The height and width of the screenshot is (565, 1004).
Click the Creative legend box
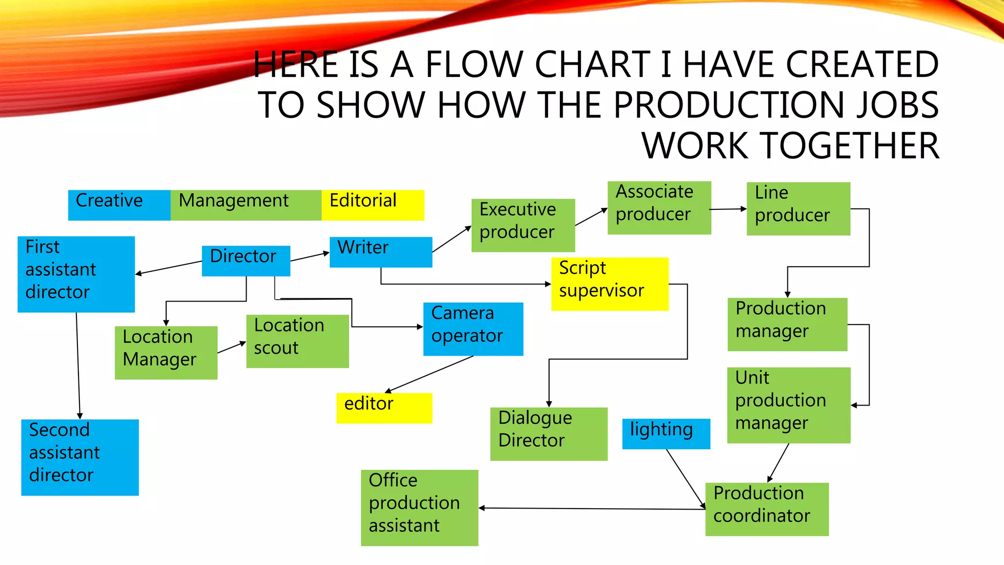(x=119, y=205)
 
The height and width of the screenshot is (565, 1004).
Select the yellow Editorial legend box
(x=373, y=205)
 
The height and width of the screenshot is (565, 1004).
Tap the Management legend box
(x=246, y=205)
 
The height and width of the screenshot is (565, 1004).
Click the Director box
(x=246, y=260)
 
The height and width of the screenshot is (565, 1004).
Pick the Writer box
(x=380, y=252)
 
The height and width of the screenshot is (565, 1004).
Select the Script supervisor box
(x=609, y=283)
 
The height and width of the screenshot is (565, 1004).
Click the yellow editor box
(x=384, y=408)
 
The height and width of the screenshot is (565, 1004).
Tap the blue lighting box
(x=666, y=434)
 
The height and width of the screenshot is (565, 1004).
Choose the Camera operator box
(x=473, y=329)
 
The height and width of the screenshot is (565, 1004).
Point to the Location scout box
(x=297, y=341)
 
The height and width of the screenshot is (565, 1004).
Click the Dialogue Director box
(x=549, y=434)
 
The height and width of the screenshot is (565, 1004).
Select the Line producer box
(x=798, y=208)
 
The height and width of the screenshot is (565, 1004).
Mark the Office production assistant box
(x=419, y=508)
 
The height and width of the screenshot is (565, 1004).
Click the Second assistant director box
(x=80, y=457)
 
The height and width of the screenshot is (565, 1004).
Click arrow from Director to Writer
(x=310, y=257)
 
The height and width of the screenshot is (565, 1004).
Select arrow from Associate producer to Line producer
(x=728, y=209)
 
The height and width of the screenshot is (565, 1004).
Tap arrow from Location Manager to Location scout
(x=231, y=348)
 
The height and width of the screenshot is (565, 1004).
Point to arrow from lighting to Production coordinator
(x=685, y=478)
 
